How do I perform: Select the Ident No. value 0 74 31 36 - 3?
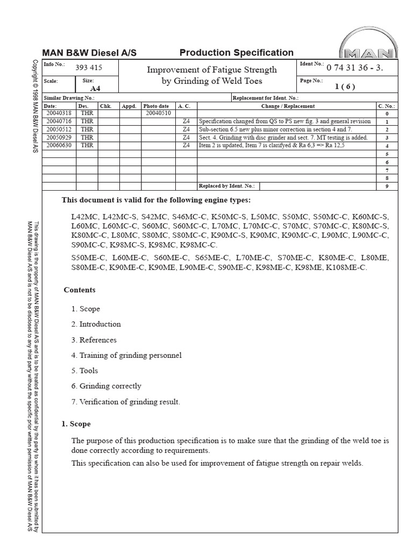point(354,68)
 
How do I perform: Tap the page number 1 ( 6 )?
point(345,86)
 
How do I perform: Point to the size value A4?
point(95,88)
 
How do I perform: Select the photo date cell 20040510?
point(158,113)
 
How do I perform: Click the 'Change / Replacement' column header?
point(288,106)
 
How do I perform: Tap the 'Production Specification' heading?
point(236,53)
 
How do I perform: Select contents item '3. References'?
point(94,339)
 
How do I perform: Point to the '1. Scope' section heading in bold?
point(76,424)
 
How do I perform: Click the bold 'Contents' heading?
point(80,290)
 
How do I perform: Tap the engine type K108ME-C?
point(346,267)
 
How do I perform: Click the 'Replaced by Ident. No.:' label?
point(227,186)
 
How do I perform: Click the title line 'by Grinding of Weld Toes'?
point(212,81)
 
